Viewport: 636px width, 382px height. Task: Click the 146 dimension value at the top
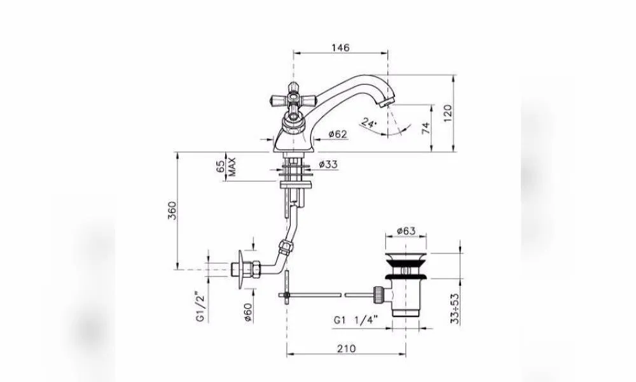[x=340, y=48]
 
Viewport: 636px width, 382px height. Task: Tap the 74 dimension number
[x=425, y=128]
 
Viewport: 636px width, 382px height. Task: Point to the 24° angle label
[x=369, y=123]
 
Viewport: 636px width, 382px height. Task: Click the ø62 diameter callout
[x=338, y=134]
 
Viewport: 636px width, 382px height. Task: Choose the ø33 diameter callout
[x=328, y=164]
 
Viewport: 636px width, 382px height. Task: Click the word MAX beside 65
[x=232, y=166]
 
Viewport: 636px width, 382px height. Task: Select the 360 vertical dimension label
[x=173, y=210]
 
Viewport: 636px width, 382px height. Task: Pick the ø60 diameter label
[x=248, y=313]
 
